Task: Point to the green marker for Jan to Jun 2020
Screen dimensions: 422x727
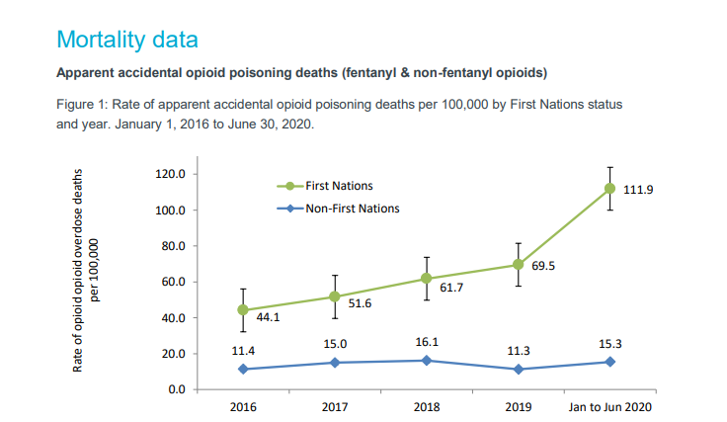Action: pos(610,188)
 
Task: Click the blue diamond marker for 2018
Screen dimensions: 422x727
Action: pos(427,360)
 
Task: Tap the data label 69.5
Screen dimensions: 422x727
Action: pos(542,266)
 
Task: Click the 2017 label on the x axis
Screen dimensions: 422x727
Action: pos(335,406)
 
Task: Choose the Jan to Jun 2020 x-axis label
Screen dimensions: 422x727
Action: pos(610,406)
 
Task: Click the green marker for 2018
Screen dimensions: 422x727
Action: pos(427,279)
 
